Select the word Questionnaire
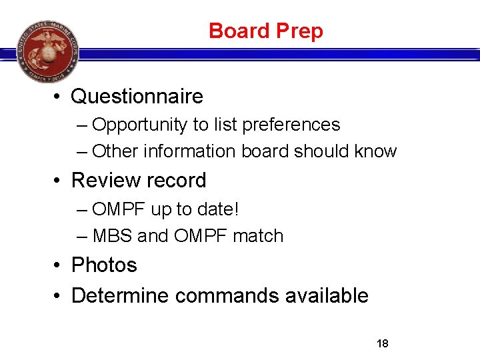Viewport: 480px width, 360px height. click(137, 97)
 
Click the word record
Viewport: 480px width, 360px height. click(176, 181)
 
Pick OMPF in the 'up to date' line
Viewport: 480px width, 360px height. click(119, 209)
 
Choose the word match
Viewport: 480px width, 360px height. click(258, 236)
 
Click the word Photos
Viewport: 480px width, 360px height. click(104, 265)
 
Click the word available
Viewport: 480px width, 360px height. click(327, 295)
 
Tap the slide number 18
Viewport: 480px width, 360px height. click(383, 344)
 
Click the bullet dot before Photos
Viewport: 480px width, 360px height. click(59, 266)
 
